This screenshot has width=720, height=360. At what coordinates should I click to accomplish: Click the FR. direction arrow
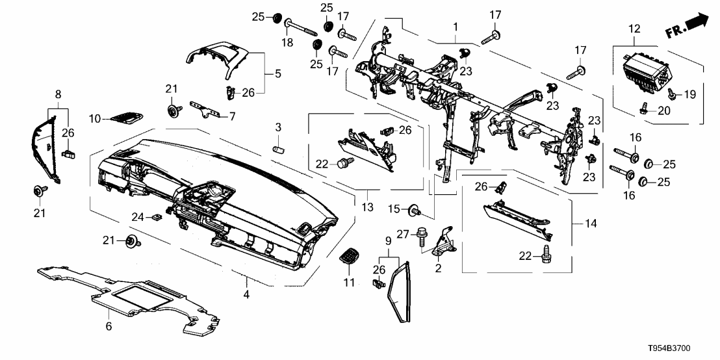tap(688, 25)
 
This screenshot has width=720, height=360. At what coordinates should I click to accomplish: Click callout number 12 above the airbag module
tap(634, 29)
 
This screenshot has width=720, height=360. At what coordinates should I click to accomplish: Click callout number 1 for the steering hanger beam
tap(456, 27)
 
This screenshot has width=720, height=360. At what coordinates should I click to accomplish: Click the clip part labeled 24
tap(157, 217)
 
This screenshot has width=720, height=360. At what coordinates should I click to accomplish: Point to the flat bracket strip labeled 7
tap(204, 108)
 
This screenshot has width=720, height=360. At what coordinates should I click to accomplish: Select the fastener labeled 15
tap(413, 211)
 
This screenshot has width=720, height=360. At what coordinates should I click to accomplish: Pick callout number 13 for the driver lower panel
tap(368, 207)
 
